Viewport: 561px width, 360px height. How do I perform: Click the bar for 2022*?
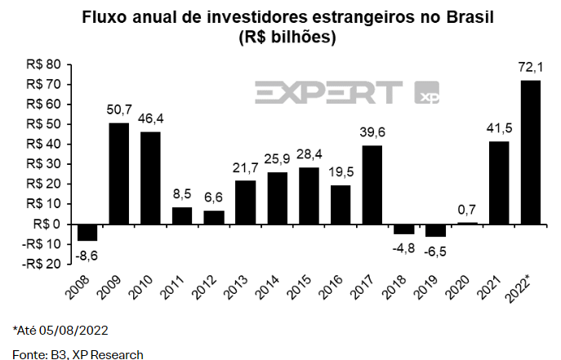click(531, 152)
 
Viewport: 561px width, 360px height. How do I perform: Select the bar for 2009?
click(118, 173)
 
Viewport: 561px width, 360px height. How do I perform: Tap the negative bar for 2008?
click(87, 232)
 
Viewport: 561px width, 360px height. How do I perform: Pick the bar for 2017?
click(372, 184)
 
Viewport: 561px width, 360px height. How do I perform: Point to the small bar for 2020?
click(467, 223)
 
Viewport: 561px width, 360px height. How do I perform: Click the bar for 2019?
click(436, 230)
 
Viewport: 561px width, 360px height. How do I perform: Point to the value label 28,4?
click(309, 154)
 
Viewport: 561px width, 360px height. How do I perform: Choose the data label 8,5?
click(182, 194)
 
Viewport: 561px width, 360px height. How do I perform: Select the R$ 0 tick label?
click(47, 224)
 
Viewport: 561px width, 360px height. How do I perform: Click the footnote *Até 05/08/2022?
click(60, 331)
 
